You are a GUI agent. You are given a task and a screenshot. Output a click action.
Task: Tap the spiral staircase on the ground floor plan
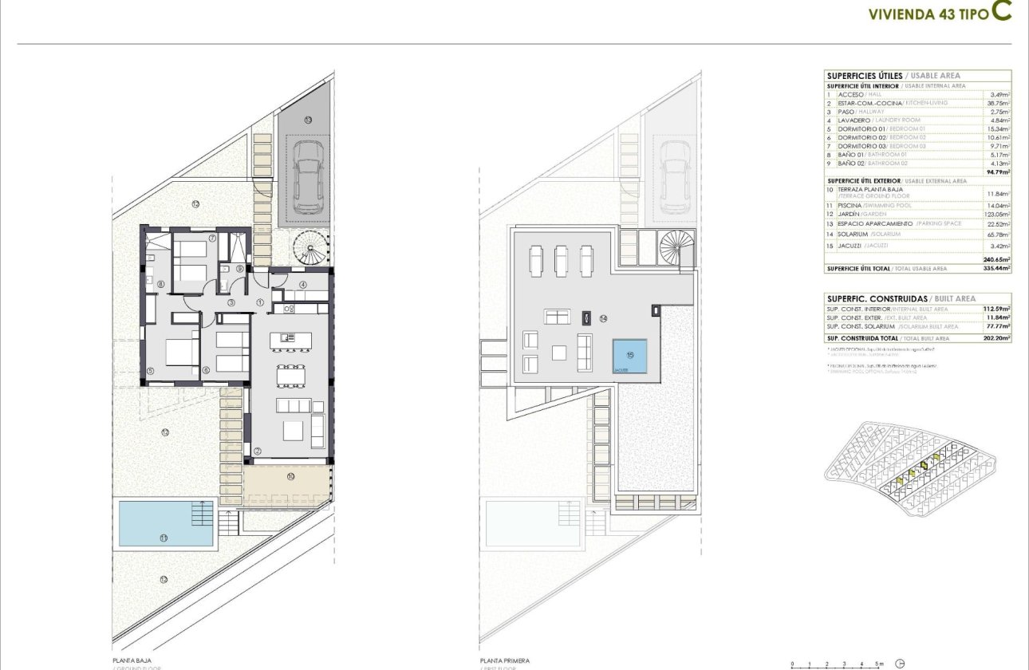311,247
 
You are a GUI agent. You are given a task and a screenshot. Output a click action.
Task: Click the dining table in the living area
290,376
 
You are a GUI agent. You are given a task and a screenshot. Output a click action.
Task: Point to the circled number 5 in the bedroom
150,370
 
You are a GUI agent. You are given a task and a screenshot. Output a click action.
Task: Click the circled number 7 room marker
212,238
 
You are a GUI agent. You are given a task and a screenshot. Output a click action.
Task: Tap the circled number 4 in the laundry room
303,285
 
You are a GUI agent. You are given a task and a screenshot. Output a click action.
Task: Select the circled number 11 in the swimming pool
164,538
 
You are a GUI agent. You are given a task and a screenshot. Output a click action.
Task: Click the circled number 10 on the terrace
290,477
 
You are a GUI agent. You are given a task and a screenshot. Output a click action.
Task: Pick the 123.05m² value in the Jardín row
997,215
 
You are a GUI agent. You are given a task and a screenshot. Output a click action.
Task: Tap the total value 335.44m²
997,269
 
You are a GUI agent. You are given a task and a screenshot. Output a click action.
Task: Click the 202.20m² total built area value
997,337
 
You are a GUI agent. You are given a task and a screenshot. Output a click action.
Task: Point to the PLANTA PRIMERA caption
504,660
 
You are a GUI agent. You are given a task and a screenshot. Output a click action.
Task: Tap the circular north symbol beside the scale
901,663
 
